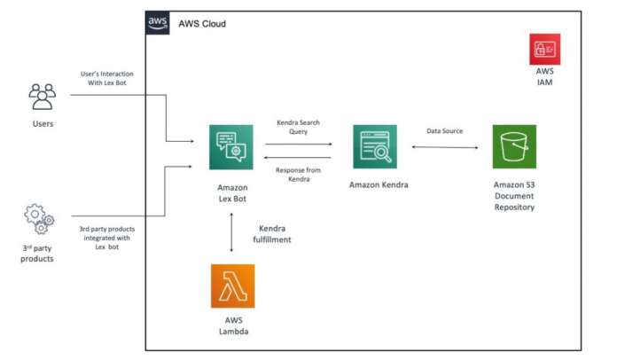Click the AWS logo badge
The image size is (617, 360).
(159, 23)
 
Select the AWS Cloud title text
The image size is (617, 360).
(202, 23)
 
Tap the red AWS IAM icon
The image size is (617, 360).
(544, 49)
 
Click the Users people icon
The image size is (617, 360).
(43, 96)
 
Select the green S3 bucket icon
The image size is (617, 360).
(514, 146)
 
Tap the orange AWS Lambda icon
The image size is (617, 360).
(232, 286)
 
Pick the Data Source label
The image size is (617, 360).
(444, 130)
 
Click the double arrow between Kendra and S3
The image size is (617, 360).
(444, 147)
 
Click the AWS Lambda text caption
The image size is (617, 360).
(232, 326)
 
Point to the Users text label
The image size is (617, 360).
(43, 123)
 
